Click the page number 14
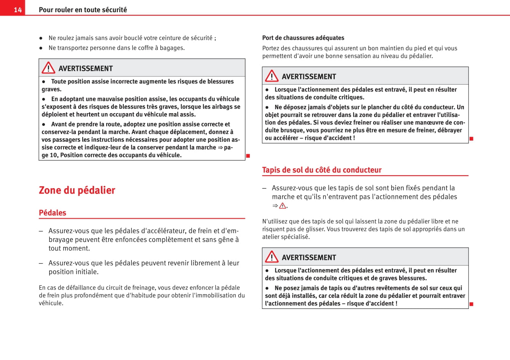(18, 10)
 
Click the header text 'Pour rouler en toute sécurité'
(83, 10)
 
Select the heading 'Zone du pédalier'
(77, 190)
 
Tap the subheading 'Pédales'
(53, 213)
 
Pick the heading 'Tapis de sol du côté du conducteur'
(321, 170)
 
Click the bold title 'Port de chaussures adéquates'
(303, 38)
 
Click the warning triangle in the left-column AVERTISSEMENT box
(48, 68)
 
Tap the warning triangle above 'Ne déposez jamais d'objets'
(272, 76)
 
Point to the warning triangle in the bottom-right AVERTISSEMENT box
(272, 257)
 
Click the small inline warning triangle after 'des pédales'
(283, 206)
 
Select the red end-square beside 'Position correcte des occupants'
(248, 155)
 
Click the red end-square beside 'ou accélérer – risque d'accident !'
(471, 138)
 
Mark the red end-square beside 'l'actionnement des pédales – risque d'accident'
(471, 304)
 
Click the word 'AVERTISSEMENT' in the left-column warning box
(86, 69)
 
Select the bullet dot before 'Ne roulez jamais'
(41, 38)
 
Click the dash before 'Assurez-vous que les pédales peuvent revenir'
(41, 263)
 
